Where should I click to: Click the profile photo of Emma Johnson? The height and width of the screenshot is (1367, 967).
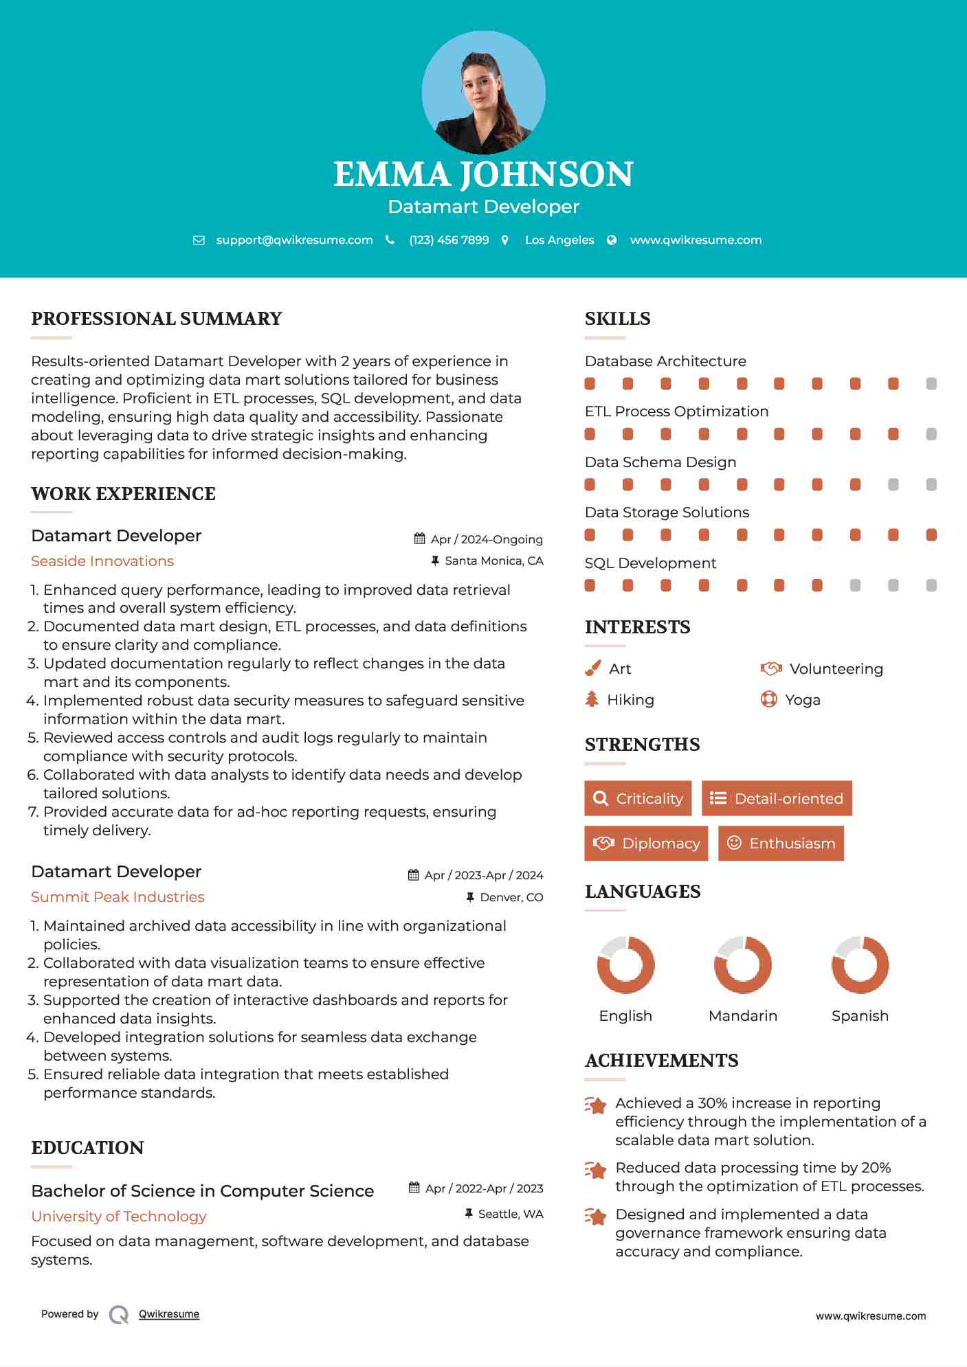pyautogui.click(x=483, y=93)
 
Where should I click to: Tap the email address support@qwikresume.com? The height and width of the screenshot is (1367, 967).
pyautogui.click(x=294, y=240)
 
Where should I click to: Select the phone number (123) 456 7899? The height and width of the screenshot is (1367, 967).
pyautogui.click(x=449, y=240)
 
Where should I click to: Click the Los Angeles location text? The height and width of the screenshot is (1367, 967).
pyautogui.click(x=559, y=240)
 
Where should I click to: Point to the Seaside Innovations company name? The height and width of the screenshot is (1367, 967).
pyautogui.click(x=102, y=561)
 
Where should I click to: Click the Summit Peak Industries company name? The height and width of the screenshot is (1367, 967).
pyautogui.click(x=118, y=897)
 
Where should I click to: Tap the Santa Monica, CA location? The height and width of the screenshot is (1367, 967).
pyautogui.click(x=493, y=561)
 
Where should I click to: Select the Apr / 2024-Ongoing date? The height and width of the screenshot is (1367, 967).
pyautogui.click(x=486, y=539)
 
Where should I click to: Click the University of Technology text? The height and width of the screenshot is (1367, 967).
pyautogui.click(x=119, y=1217)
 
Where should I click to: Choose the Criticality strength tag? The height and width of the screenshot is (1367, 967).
pyautogui.click(x=638, y=798)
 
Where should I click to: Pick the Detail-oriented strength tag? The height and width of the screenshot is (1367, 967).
pyautogui.click(x=777, y=798)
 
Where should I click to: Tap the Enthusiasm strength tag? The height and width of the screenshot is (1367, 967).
pyautogui.click(x=781, y=843)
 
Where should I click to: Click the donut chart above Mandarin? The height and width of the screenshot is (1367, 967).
pyautogui.click(x=743, y=964)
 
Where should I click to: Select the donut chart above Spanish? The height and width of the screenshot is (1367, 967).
pyautogui.click(x=860, y=964)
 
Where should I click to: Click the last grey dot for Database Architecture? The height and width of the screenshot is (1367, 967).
pyautogui.click(x=931, y=384)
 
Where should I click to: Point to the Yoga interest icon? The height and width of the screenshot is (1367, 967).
pyautogui.click(x=769, y=699)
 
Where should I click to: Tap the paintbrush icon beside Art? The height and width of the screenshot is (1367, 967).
pyautogui.click(x=592, y=668)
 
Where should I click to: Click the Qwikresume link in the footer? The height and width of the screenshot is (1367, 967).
pyautogui.click(x=169, y=1314)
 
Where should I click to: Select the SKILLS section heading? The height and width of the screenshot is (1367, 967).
pyautogui.click(x=617, y=319)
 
